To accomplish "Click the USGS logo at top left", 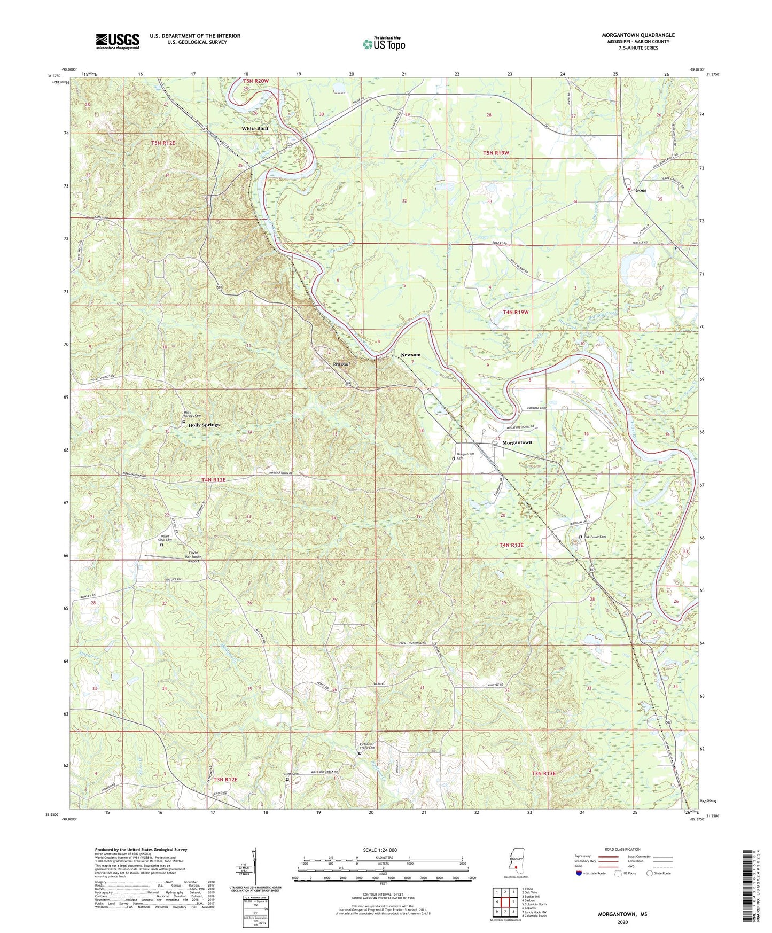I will pos(118,41).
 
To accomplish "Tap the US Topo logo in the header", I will pos(384,44).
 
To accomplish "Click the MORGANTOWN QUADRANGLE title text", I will pos(638,35).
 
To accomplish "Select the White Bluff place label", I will pos(255,129).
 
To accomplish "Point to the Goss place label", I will pos(641,190).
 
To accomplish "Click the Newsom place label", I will pos(410,355).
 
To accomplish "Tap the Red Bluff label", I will pos(341,364).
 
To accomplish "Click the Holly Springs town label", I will pos(201,425).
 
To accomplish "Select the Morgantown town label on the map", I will pos(517,442).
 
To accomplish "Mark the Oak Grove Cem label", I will pos(595,537).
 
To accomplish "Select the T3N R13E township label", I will pos(543,773).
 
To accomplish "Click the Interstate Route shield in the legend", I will pos(579,873).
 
